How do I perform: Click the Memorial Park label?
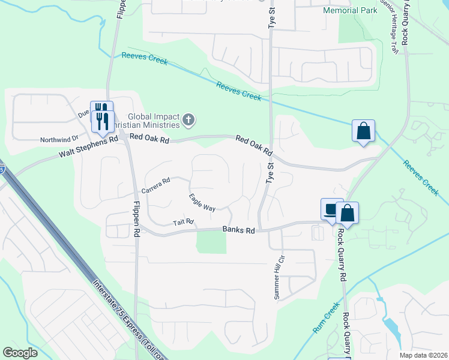tap(351, 11)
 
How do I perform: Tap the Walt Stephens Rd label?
tap(89, 148)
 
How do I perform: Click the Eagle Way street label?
tap(202, 202)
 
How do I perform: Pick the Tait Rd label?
tap(184, 223)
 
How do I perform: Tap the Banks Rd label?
tap(239, 230)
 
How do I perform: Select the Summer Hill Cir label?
tap(279, 278)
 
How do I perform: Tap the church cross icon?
tap(189, 121)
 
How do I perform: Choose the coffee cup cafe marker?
tap(331, 209)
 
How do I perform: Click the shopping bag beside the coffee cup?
tap(347, 212)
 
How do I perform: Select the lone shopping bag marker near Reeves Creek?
tap(364, 131)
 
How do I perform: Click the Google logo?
tap(21, 353)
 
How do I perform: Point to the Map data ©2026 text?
tap(423, 355)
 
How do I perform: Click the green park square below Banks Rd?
tap(211, 241)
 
